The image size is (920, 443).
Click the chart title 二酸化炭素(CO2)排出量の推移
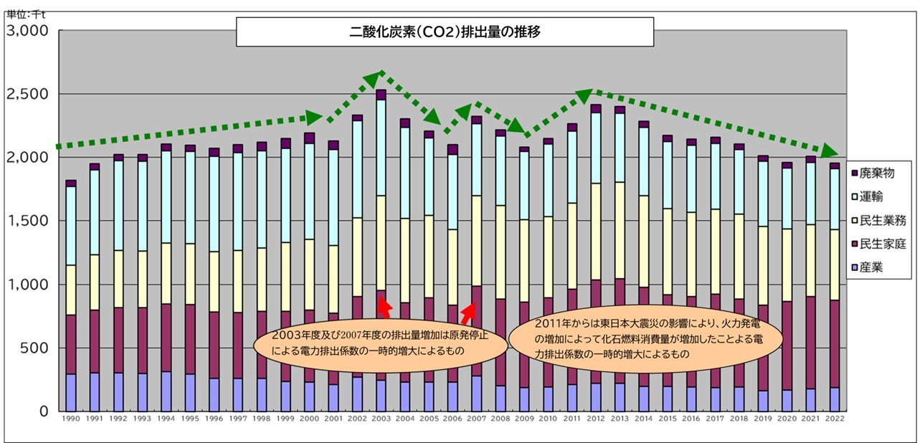tap(445, 32)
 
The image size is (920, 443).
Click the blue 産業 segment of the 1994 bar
tap(166, 391)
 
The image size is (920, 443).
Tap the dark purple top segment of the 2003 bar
tap(381, 95)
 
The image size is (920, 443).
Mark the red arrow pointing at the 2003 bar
tap(384, 309)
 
